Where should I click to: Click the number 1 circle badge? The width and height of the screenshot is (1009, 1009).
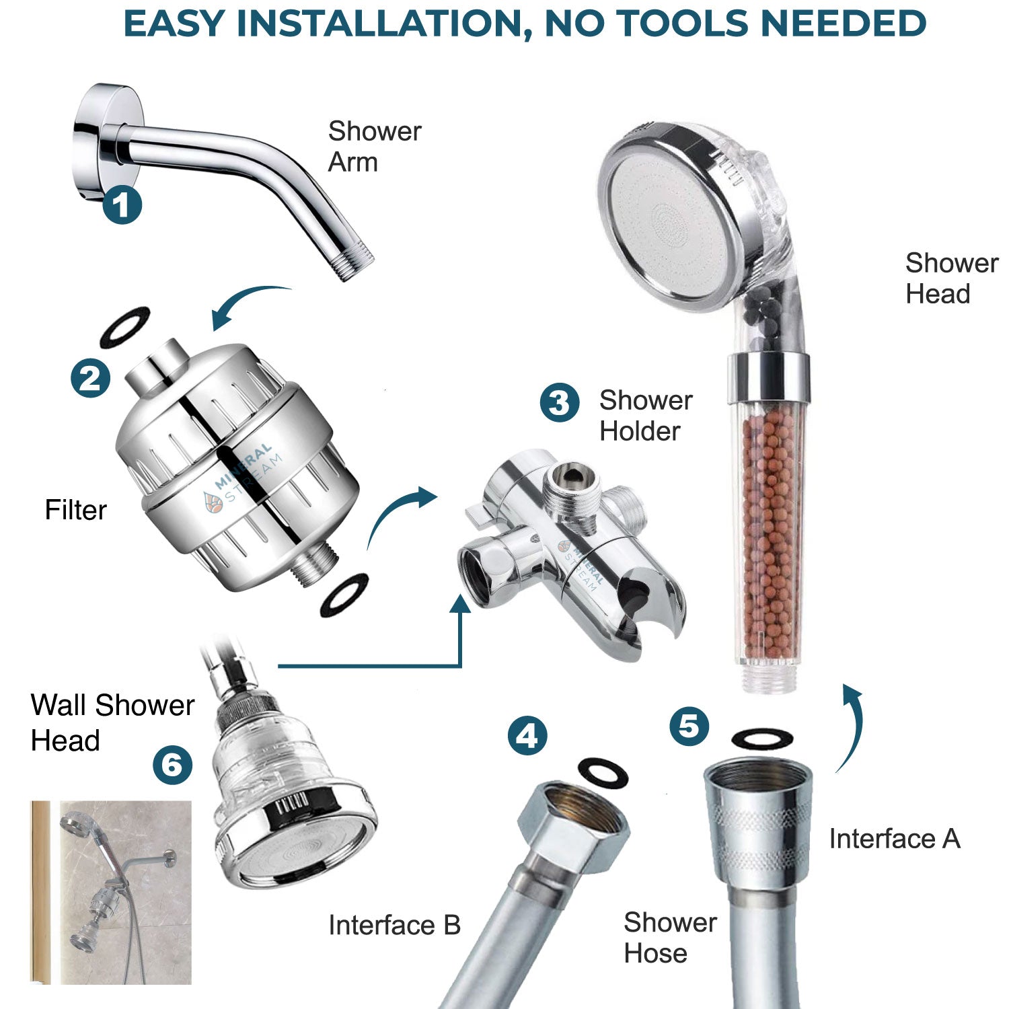pos(122,204)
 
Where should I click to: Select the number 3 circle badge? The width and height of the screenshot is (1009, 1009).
pos(559,403)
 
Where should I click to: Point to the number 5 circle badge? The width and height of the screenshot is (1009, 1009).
pos(689,726)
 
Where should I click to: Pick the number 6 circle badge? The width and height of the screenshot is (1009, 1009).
pos(172,765)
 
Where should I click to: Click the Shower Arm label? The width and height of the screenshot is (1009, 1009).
pos(374,147)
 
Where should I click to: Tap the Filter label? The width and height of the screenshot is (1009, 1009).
pos(75,510)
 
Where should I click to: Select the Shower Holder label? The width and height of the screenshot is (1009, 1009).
pos(645,416)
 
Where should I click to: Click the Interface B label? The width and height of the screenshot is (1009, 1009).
pos(394,926)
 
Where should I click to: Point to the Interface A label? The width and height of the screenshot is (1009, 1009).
pos(894,839)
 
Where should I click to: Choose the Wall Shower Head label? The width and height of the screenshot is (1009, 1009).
pos(112,722)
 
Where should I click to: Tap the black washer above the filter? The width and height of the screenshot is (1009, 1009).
pos(124,327)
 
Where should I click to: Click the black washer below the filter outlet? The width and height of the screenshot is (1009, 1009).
pos(344,593)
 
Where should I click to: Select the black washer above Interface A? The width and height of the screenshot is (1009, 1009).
pos(761,739)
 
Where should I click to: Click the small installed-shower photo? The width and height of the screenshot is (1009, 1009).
pos(111,892)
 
